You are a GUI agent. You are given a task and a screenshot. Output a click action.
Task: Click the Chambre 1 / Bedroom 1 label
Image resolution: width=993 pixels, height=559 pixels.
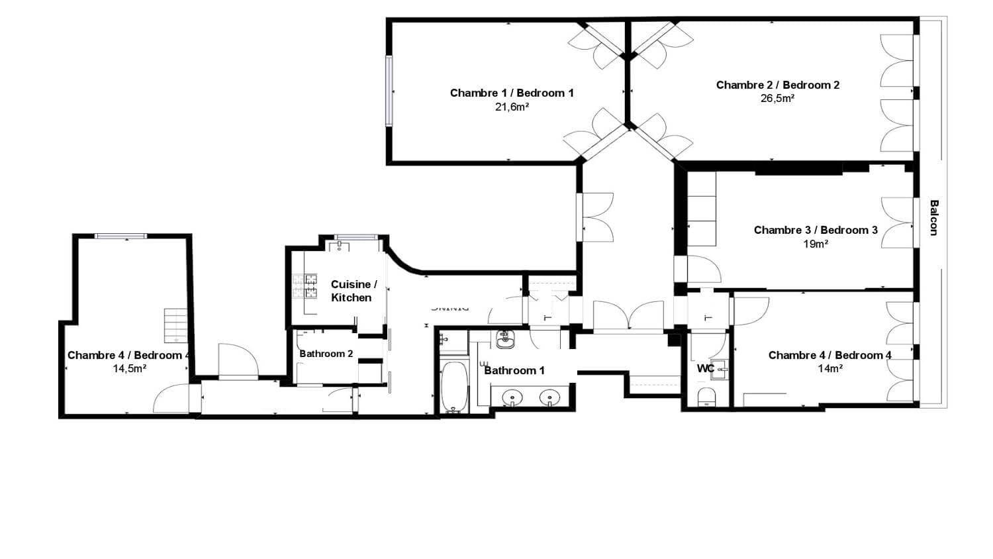512,93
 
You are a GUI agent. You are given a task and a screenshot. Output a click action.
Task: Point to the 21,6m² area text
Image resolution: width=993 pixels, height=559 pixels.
512,107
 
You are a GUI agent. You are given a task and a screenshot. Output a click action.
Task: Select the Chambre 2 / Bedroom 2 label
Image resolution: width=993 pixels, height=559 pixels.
778,85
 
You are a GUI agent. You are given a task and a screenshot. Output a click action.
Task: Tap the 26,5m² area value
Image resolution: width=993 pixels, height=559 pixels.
778,99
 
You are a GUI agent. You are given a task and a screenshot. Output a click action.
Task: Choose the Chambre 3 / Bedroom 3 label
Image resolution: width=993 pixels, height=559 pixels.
816,230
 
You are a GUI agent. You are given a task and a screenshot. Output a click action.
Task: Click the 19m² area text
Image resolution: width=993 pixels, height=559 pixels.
816,244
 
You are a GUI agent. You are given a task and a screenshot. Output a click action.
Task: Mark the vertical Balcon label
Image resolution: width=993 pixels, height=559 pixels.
933,217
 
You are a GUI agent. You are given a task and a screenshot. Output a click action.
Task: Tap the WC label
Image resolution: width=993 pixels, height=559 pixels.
705,368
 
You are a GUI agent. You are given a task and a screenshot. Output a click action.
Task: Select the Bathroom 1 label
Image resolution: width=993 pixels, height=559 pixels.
514,370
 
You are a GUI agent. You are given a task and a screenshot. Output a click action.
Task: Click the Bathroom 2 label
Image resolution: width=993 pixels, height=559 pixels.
326,354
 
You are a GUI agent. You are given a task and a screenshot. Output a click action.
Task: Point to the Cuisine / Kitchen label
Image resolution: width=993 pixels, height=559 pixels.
354,291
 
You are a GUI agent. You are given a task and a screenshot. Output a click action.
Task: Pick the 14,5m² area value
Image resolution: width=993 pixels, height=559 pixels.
129,369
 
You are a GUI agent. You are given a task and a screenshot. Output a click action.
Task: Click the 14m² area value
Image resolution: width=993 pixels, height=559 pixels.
829,369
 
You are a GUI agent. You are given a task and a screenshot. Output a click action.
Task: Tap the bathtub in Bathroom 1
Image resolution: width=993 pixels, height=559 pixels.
453,387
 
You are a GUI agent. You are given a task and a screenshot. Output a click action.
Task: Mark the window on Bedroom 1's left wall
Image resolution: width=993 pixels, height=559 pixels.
390,91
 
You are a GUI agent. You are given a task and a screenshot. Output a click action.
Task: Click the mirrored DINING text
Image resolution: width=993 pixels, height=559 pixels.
450,307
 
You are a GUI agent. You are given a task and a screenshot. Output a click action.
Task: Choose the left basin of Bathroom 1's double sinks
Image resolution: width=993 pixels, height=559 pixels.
511,398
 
